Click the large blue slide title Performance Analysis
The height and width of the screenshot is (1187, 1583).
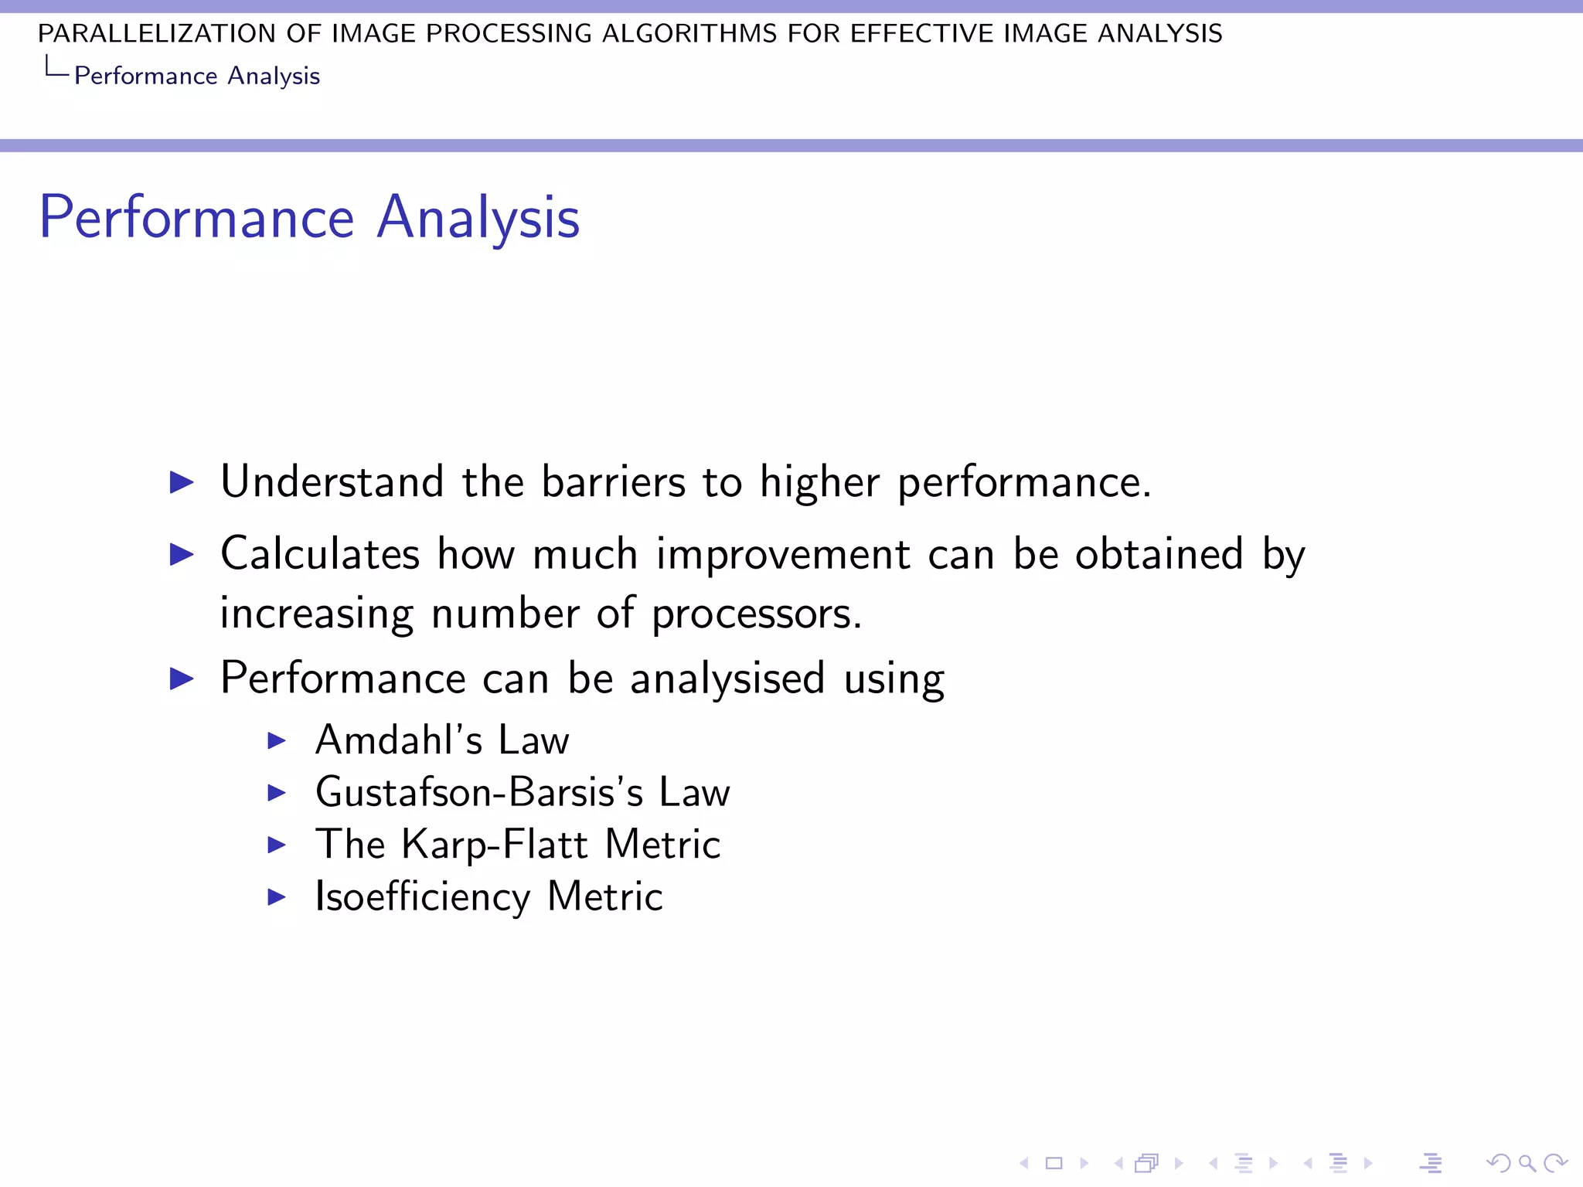click(309, 218)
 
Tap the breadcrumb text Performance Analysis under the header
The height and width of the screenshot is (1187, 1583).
click(196, 76)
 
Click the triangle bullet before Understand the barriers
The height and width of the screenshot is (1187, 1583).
click(182, 483)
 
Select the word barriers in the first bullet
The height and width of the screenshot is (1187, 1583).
click(613, 482)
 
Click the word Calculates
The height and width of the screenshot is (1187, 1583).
click(320, 554)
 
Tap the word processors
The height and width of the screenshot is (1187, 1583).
click(756, 614)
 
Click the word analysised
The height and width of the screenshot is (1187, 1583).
click(727, 679)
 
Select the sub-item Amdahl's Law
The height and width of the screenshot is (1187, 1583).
click(442, 740)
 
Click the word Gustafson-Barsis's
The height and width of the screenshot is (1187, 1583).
click(479, 793)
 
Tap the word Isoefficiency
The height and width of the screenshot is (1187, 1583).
click(423, 897)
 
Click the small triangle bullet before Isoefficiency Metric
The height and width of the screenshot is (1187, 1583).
click(277, 897)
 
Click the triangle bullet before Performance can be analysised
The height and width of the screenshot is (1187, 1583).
click(182, 679)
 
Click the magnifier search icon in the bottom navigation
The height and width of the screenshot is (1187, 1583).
click(1527, 1163)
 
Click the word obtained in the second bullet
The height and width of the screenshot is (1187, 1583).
click(1159, 555)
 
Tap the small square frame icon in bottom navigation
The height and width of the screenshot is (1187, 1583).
click(1054, 1163)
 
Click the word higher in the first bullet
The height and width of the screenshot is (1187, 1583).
click(819, 482)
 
